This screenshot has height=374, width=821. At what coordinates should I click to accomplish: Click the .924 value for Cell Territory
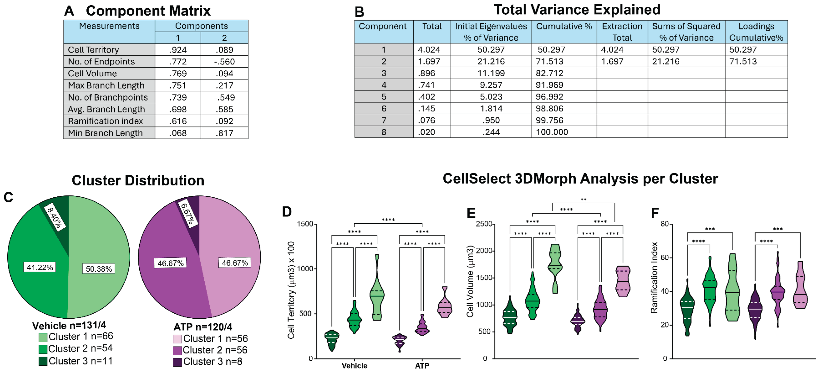(178, 50)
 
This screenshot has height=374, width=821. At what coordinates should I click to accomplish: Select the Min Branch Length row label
(105, 133)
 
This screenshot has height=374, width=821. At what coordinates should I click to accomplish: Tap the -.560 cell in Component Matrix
(224, 62)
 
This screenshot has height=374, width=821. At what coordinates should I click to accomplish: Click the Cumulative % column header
(563, 26)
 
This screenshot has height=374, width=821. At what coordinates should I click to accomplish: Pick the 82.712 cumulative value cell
(549, 73)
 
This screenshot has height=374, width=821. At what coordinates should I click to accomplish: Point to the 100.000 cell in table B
(552, 132)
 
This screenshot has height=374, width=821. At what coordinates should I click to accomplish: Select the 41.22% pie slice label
(40, 267)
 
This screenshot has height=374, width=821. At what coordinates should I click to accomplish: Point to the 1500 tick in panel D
(305, 224)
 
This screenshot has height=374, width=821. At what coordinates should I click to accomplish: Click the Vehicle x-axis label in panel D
(354, 366)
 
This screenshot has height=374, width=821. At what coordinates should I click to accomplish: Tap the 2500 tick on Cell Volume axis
(484, 224)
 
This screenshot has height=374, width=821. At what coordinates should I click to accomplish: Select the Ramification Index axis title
(654, 278)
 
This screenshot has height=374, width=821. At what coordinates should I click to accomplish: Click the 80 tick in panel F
(664, 224)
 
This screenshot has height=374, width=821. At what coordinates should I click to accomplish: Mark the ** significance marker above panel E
(583, 200)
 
